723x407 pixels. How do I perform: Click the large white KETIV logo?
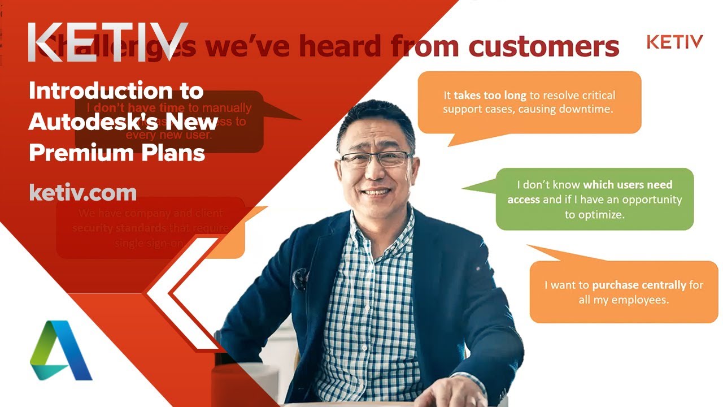click(107, 43)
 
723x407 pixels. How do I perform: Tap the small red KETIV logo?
click(674, 42)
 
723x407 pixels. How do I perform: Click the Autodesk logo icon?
click(61, 350)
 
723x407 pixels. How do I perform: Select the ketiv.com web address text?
click(82, 193)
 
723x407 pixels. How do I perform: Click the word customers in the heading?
click(544, 47)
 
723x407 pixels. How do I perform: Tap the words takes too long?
click(490, 96)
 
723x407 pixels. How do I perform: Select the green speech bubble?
click(594, 199)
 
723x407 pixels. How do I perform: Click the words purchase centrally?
click(639, 285)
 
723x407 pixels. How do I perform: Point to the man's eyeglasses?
click(376, 158)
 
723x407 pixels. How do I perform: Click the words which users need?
click(628, 185)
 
